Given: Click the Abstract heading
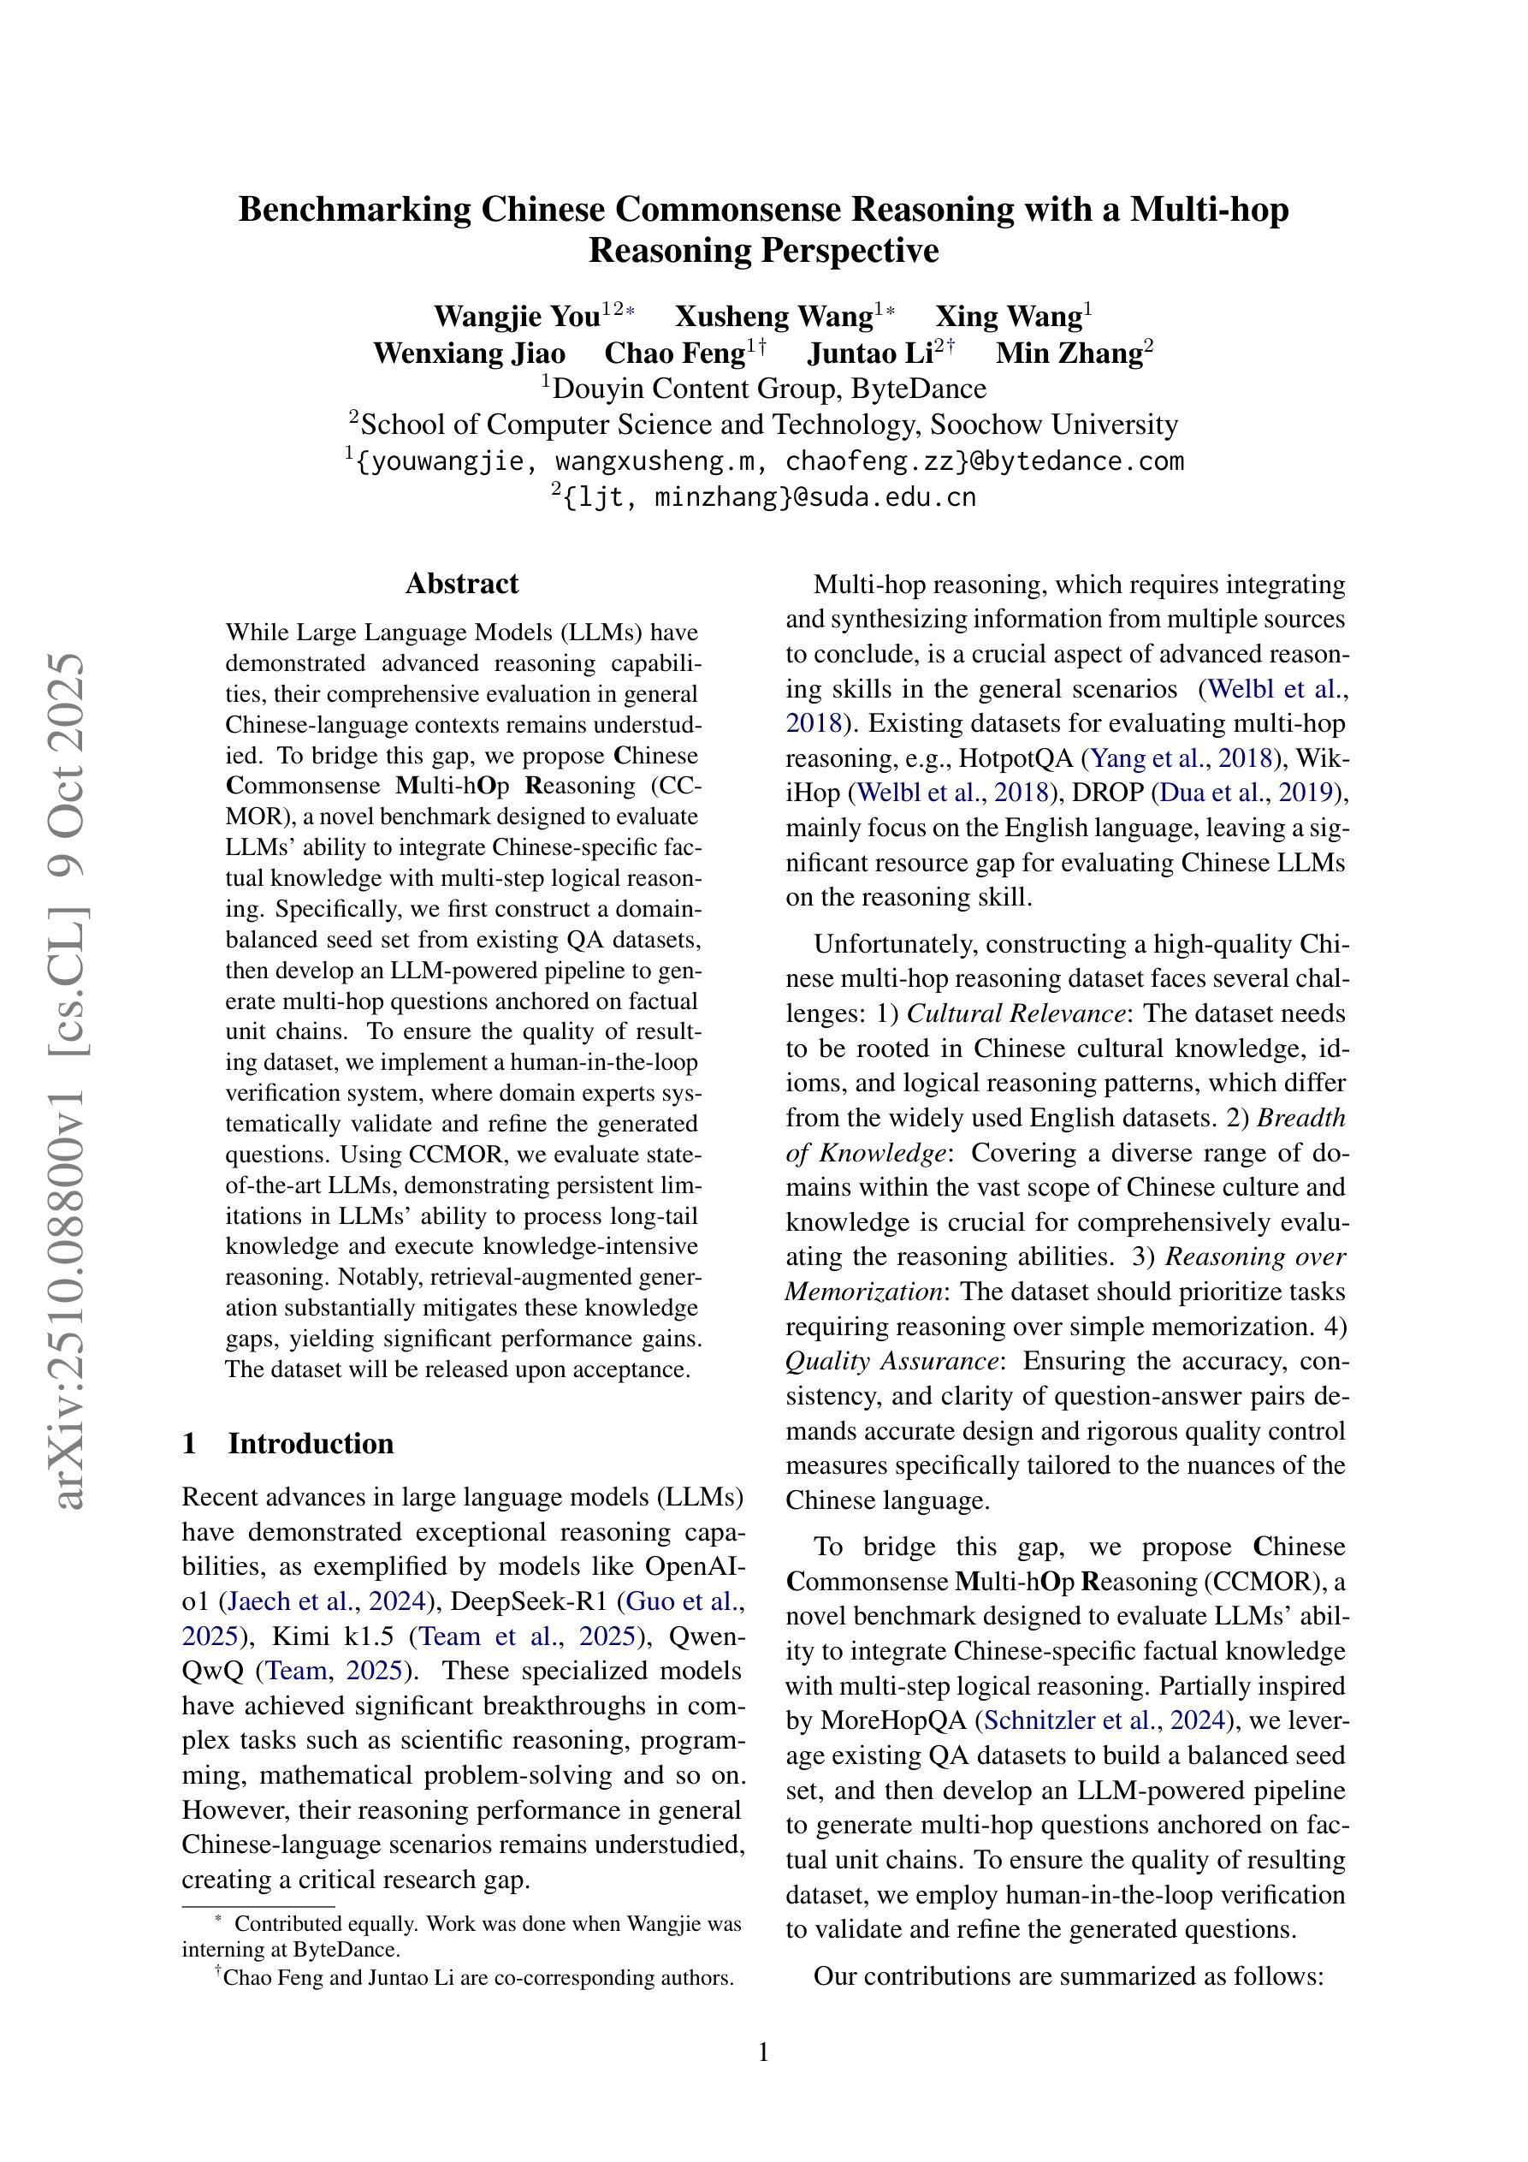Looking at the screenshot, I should pyautogui.click(x=461, y=584).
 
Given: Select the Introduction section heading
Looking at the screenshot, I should pyautogui.click(x=310, y=1444).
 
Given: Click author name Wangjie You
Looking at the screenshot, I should pyautogui.click(x=516, y=317).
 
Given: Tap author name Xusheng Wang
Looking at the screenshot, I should pyautogui.click(x=774, y=317).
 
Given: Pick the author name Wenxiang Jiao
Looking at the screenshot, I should pyautogui.click(x=469, y=353).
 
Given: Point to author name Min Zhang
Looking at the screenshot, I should pyautogui.click(x=1069, y=353).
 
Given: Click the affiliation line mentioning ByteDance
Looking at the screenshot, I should pyautogui.click(x=763, y=388).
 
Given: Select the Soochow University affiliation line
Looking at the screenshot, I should pyautogui.click(x=763, y=425).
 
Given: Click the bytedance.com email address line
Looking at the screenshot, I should pyautogui.click(x=763, y=461).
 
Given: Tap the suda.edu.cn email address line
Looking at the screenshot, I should pyautogui.click(x=763, y=497).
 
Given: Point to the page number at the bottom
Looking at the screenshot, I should pyautogui.click(x=763, y=2052).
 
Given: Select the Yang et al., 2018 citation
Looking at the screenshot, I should pyautogui.click(x=1181, y=758).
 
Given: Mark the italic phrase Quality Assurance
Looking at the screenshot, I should pyautogui.click(x=891, y=1361).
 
